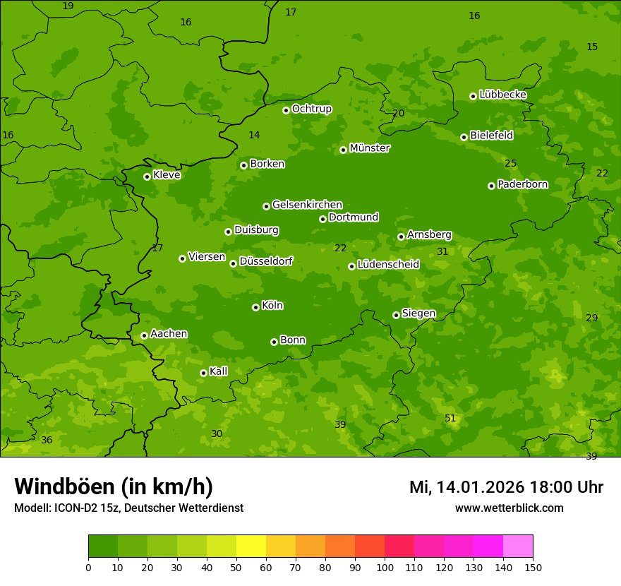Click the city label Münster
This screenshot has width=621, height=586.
(x=369, y=148)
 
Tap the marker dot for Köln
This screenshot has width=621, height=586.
(x=255, y=307)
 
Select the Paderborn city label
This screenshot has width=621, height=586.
(x=522, y=184)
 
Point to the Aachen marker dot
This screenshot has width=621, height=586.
(x=144, y=335)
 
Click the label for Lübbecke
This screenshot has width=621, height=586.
(x=502, y=95)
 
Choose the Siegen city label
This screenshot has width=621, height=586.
(x=418, y=313)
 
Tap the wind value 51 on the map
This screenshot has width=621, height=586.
(x=450, y=419)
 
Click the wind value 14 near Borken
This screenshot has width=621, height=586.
(x=254, y=135)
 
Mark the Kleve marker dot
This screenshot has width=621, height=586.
(x=147, y=177)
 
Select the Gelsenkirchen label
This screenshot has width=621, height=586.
(x=307, y=205)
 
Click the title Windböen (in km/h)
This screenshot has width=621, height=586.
(x=114, y=486)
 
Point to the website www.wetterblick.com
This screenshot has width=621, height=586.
(x=509, y=508)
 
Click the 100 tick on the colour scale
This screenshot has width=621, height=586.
(x=385, y=567)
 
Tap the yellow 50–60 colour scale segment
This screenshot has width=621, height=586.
(x=251, y=546)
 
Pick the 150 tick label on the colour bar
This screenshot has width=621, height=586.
(x=533, y=567)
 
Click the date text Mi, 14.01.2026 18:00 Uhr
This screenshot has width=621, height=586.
(x=506, y=487)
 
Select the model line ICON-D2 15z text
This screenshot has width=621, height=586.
(x=128, y=508)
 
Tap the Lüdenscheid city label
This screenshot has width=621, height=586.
(x=388, y=265)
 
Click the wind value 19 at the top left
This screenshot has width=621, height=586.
(x=68, y=6)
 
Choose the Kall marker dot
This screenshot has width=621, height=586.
(x=203, y=373)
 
